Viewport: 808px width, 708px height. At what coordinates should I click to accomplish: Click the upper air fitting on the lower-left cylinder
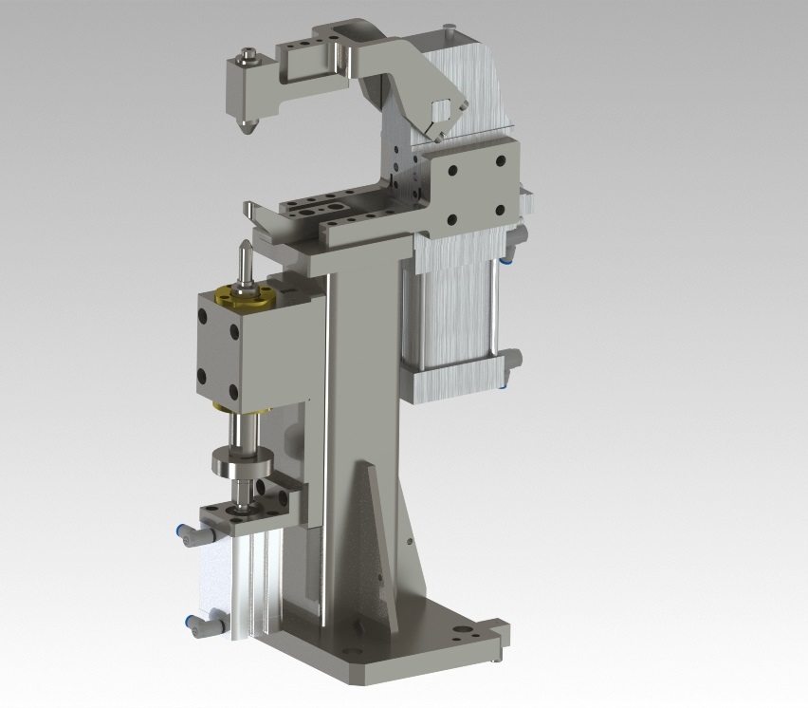coord(184,535)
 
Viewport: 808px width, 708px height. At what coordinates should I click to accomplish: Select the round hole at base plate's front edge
coord(353,652)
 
